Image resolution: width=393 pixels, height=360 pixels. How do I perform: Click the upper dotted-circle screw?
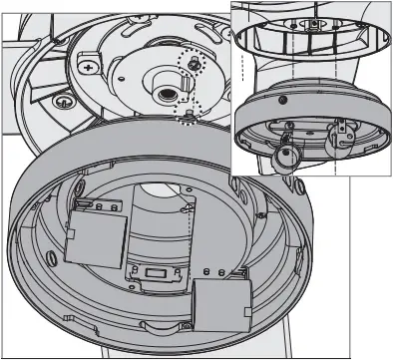coord(192,62)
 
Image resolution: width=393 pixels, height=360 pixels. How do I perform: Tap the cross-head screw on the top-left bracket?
coord(91,66)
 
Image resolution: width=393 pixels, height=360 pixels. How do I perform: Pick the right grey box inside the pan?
coord(221,303)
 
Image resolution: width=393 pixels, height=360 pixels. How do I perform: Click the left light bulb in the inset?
coord(286,155)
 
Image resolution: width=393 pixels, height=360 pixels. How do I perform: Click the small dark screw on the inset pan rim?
coord(283,102)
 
